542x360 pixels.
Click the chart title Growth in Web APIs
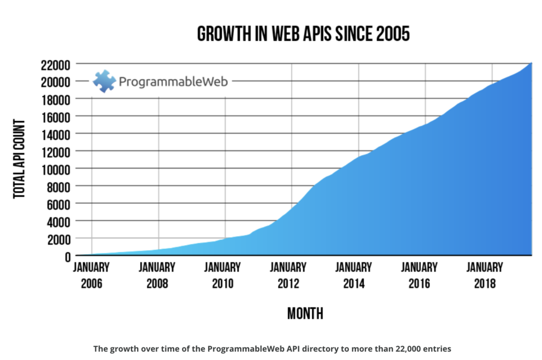coord(303,34)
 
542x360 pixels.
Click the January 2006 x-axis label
coord(92,275)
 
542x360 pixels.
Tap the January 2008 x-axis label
coord(157,275)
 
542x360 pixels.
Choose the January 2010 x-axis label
coord(223,275)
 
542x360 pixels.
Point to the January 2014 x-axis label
coord(354,275)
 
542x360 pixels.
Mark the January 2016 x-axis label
coord(419,275)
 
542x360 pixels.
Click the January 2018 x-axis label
coord(485,275)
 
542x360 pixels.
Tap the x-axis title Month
coord(305,314)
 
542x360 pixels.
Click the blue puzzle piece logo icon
coord(104,81)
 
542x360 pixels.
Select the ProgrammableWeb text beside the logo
coord(173,82)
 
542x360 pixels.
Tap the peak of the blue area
coord(530,64)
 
